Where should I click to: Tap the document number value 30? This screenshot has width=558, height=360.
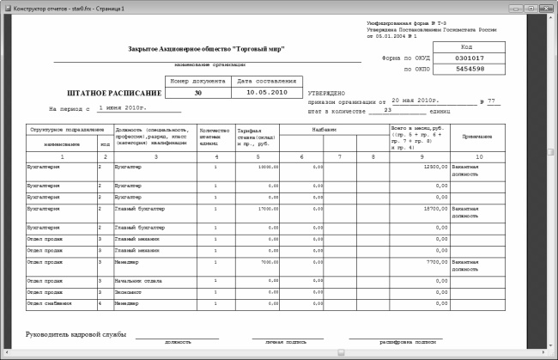point(198,91)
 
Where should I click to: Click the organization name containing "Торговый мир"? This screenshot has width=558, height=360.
point(206,49)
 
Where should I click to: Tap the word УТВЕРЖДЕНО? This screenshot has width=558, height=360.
point(326,92)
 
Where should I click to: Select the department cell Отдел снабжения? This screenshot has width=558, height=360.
point(45,302)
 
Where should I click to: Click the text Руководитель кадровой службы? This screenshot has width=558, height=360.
point(76,333)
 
